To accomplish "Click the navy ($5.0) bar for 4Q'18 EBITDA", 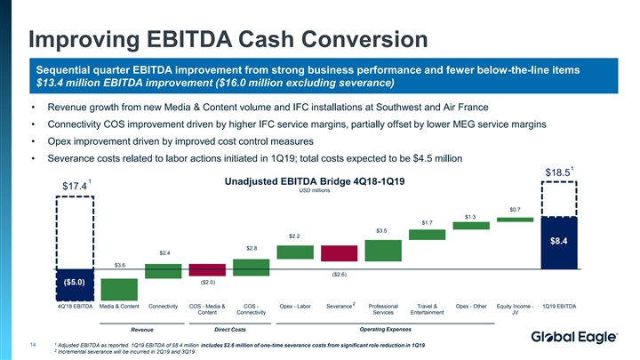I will tap(75, 283).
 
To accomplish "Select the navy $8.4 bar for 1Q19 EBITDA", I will tap(559, 240).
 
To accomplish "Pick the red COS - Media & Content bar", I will tap(206, 270).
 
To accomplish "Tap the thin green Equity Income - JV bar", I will tap(515, 218).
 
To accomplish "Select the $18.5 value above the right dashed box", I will tap(557, 172).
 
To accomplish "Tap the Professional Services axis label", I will tap(383, 309).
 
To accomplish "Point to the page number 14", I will tap(32, 344).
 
